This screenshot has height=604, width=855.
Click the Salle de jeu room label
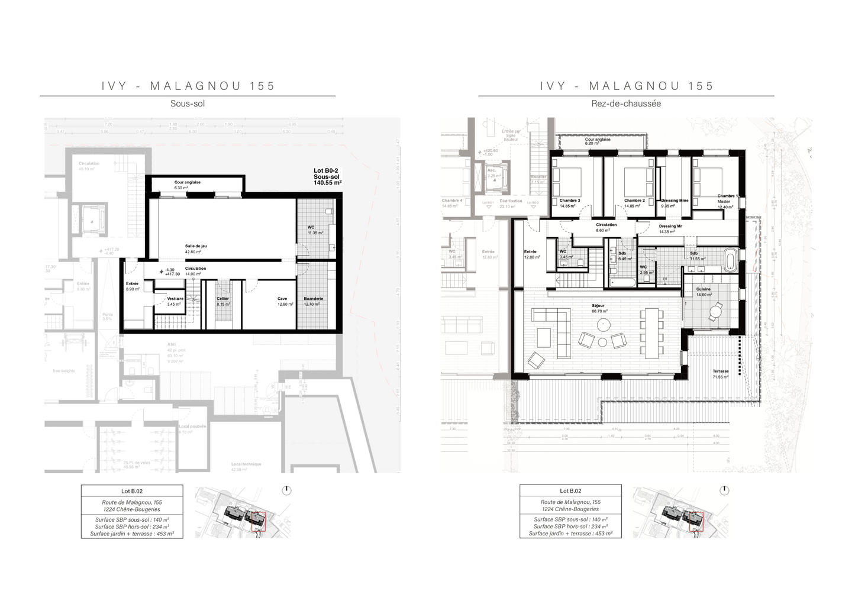point(196,246)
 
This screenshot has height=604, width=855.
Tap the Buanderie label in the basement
point(313,299)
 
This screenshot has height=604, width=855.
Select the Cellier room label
point(222,299)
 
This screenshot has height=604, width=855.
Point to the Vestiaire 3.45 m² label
point(175,299)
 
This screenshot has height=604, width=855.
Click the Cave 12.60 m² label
point(282,299)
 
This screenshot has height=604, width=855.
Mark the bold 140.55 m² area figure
point(327,183)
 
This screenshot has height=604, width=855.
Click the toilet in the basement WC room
point(330,212)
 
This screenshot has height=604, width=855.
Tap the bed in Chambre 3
point(566,181)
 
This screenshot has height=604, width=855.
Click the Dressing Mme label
point(675,201)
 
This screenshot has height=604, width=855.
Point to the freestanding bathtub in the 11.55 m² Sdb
point(731,261)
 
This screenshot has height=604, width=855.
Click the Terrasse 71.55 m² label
point(721,372)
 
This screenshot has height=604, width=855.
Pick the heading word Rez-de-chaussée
point(626,104)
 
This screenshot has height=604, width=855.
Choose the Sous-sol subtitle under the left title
point(188,104)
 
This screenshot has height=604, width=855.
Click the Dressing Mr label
point(670,227)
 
